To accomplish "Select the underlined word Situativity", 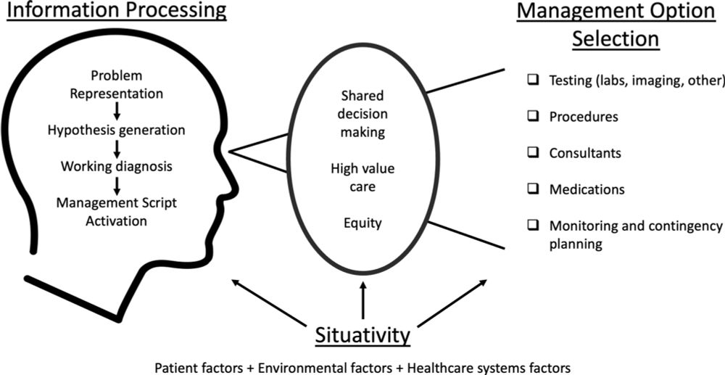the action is tap(363, 335).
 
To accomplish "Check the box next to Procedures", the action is tap(533, 117).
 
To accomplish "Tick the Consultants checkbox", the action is tap(533, 153).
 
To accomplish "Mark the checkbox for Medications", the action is tap(533, 189).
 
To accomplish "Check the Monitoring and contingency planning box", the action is tap(533, 226).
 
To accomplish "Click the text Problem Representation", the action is tap(117, 84).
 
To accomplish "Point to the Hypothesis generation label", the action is tap(117, 131).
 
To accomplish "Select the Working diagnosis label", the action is tap(117, 166).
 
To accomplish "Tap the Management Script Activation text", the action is tap(117, 212).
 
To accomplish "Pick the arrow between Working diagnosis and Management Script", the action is tap(117, 185).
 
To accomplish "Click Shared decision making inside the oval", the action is tap(362, 114).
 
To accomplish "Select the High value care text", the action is tap(362, 178).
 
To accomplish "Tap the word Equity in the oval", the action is tap(362, 224).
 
